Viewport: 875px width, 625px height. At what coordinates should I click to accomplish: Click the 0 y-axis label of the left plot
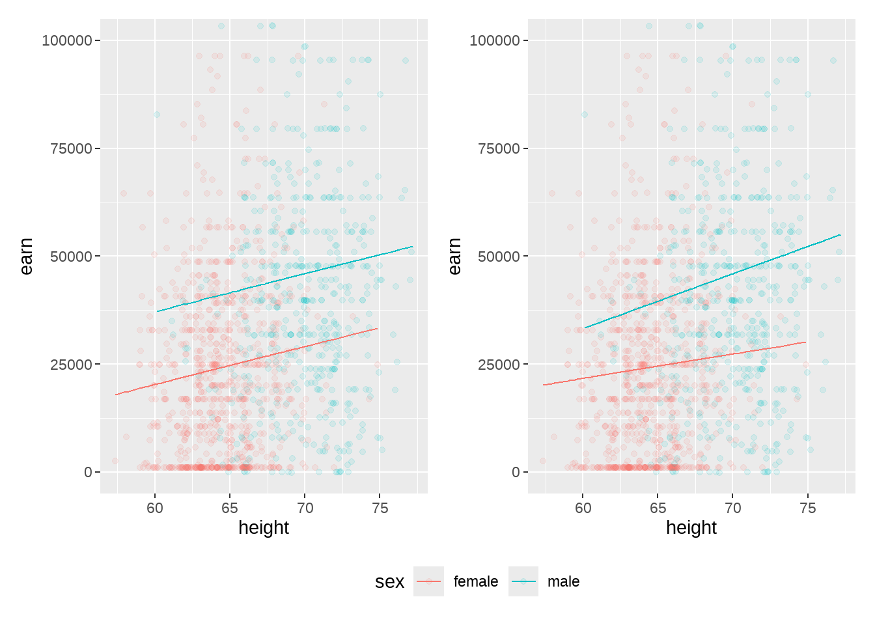coord(88,472)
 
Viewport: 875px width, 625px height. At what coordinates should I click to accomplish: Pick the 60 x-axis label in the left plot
coord(155,508)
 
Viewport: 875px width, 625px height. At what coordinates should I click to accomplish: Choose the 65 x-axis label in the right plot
coord(658,508)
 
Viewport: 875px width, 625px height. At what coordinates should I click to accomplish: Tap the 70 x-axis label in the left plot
coord(305,508)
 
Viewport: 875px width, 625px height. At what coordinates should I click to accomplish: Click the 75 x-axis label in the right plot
coord(807,508)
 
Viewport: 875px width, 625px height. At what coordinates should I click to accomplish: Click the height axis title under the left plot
coord(264,527)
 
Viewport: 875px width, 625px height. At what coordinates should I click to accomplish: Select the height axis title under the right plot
coord(691,527)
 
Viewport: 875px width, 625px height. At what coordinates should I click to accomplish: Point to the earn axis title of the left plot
coord(26,256)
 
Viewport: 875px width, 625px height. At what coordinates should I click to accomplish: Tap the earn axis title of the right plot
coord(454,256)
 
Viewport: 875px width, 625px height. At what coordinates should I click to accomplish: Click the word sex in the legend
coord(389,582)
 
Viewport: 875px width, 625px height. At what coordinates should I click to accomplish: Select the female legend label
coord(475,581)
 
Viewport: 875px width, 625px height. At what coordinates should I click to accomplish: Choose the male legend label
coord(563,581)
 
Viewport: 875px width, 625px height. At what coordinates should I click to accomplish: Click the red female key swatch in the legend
coord(428,581)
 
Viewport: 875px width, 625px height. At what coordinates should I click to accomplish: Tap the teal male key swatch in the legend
coord(523,581)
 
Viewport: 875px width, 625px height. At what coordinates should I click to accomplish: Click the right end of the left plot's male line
coord(413,247)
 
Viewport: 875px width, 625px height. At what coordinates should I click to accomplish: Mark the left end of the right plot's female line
coord(544,385)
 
